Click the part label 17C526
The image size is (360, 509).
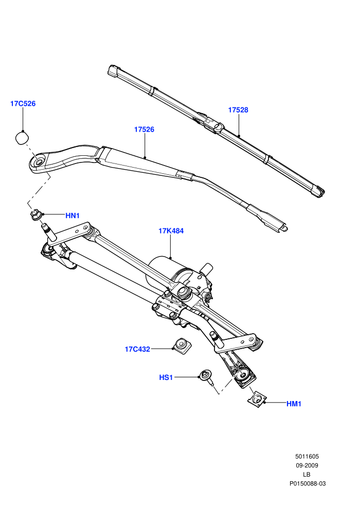point(23,103)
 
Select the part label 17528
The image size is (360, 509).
point(238,110)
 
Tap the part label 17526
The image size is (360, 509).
point(144,129)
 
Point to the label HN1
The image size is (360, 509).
point(73,215)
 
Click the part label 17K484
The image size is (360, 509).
point(171,231)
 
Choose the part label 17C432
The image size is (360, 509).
point(137,349)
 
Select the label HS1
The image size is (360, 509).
point(166,377)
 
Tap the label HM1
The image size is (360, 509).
point(294,404)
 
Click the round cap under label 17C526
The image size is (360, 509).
point(22,138)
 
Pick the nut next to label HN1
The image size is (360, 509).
point(35,214)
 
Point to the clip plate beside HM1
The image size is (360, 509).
point(258,399)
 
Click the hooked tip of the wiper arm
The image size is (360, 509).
point(283,227)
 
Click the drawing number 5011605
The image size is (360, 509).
point(307,457)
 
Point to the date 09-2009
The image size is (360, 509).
point(307,465)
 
